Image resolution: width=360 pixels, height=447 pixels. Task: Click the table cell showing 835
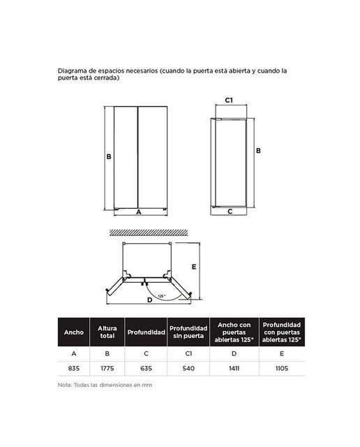tap(73, 368)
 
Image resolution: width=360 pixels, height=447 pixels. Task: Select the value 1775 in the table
tap(107, 368)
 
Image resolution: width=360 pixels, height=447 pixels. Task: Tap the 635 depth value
tap(146, 368)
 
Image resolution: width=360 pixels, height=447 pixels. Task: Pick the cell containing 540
tap(188, 368)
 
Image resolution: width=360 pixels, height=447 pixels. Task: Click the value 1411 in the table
tap(234, 368)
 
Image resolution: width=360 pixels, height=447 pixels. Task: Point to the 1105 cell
tap(282, 368)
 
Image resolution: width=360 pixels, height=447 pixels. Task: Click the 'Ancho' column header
tap(74, 332)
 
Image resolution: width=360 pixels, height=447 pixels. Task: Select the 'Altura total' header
tap(107, 332)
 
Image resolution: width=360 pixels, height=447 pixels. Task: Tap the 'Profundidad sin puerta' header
tap(188, 332)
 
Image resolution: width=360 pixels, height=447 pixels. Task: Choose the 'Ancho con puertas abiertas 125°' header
tap(234, 332)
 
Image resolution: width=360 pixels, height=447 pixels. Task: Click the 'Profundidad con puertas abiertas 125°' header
tap(282, 332)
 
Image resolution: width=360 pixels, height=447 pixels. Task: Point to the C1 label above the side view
tap(229, 100)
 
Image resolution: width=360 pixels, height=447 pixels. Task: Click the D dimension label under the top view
tap(149, 300)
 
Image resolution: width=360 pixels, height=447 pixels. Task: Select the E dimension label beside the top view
tap(194, 267)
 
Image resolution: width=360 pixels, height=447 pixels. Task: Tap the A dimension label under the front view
tap(139, 212)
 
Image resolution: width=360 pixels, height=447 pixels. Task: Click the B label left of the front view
tap(109, 156)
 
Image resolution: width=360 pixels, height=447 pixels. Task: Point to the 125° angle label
tap(161, 296)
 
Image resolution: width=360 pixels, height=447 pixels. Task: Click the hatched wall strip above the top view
tap(149, 233)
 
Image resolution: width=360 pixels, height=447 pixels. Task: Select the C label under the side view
tap(230, 212)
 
